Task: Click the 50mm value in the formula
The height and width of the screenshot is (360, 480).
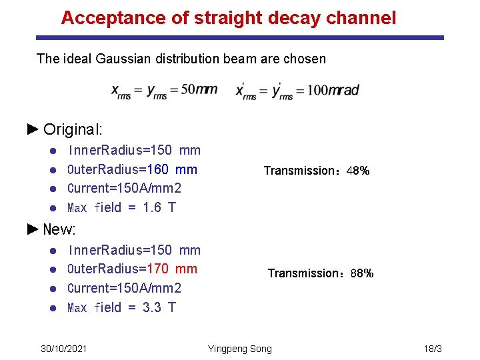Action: tap(199, 90)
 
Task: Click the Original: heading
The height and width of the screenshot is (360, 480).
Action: tap(73, 129)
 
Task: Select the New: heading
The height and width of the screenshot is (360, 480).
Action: tap(59, 230)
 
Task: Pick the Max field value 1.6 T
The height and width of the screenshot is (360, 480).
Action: tap(159, 207)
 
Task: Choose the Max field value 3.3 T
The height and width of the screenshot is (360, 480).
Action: tap(159, 307)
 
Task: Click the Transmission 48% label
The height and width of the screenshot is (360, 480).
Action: tap(317, 171)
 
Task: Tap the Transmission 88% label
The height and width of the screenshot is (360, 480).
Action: tap(320, 273)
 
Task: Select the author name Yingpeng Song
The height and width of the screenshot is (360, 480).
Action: tap(240, 349)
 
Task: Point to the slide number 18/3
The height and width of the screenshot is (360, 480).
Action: tap(433, 349)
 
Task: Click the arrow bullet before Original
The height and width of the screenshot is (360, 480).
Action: tap(33, 129)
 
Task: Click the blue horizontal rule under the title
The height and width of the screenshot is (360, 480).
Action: tap(240, 38)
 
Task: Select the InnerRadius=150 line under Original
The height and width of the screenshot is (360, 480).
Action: tap(134, 151)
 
